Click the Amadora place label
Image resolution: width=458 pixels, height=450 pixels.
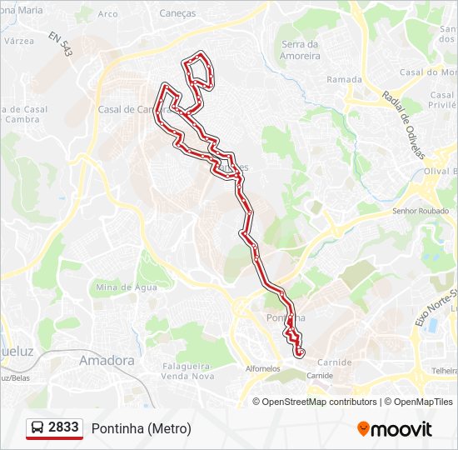[x=107, y=361]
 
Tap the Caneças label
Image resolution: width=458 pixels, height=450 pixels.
[x=177, y=13]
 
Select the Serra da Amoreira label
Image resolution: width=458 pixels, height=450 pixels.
[x=301, y=50]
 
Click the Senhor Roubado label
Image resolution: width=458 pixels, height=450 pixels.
[x=420, y=212]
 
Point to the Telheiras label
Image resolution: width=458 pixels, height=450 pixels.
[x=443, y=369]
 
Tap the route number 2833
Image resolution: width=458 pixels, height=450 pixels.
[x=64, y=427]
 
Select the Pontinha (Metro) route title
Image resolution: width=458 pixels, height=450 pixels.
[x=141, y=428]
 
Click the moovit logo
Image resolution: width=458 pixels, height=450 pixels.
[x=395, y=429]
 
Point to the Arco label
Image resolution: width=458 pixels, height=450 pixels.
[x=108, y=14]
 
